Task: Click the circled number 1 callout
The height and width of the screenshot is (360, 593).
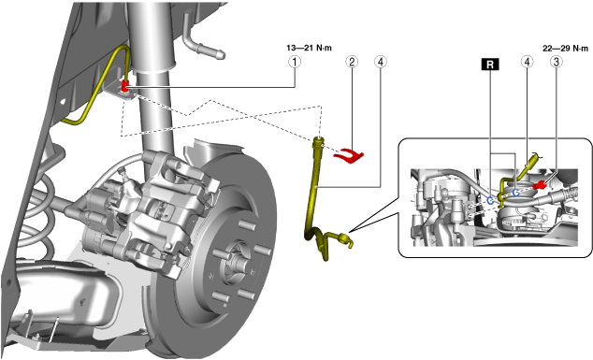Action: tap(295, 62)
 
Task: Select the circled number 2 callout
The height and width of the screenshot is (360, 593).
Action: tap(352, 62)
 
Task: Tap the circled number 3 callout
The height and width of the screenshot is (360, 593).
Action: tap(556, 62)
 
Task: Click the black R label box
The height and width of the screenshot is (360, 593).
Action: tap(490, 65)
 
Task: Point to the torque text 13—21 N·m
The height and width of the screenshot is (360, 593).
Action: tap(309, 48)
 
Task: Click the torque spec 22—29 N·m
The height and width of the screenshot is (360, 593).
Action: tap(565, 49)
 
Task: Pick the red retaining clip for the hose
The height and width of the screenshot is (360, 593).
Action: tap(348, 155)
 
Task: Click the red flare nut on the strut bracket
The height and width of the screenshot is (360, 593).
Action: tap(125, 85)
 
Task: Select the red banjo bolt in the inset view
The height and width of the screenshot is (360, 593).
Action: tap(539, 185)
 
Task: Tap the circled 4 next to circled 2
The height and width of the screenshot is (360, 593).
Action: tap(381, 62)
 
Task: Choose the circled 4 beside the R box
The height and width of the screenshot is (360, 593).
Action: tap(527, 62)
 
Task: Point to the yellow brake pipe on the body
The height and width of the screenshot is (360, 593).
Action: tap(95, 91)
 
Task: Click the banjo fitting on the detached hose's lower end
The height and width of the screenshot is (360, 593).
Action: tap(345, 240)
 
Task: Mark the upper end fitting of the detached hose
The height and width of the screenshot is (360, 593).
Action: tap(319, 143)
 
